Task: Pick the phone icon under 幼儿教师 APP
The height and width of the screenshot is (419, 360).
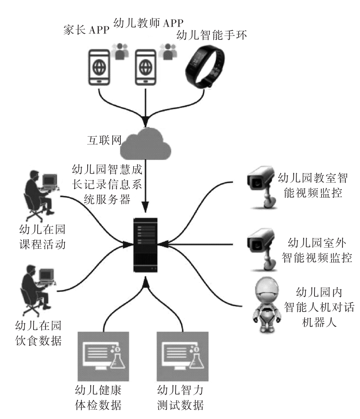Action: [146, 66]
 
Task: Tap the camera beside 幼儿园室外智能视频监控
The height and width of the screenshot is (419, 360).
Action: [261, 247]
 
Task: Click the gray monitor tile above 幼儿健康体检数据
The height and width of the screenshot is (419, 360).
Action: [104, 356]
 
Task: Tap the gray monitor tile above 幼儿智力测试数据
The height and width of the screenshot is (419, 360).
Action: [183, 356]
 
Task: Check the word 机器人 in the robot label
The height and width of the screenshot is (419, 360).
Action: [318, 322]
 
